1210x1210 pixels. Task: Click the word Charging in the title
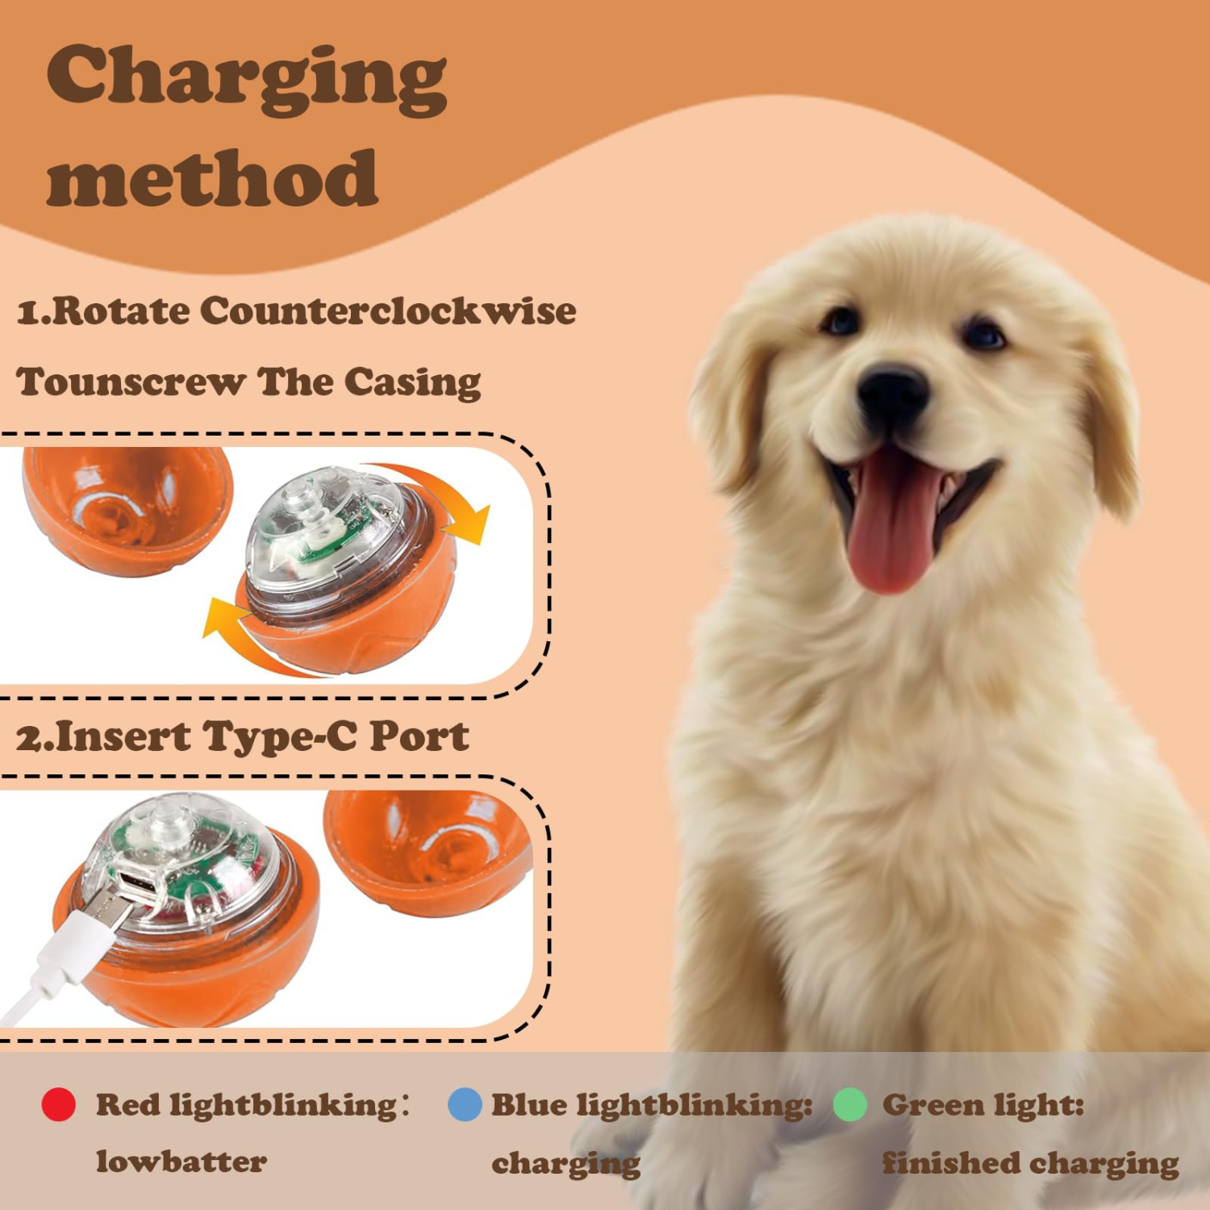coord(246,79)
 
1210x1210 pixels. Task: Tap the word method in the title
coord(212,179)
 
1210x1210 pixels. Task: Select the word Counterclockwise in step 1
coord(388,311)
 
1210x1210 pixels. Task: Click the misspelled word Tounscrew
coord(131,382)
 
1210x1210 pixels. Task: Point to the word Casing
coord(412,382)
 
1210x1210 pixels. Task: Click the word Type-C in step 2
coord(279,736)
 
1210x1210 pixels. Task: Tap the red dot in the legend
coord(59,1104)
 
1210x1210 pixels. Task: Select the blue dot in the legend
coord(465,1104)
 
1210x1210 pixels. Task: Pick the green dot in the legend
coord(849,1104)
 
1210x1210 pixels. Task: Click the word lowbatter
coord(181,1162)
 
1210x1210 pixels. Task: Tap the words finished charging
coord(1030,1163)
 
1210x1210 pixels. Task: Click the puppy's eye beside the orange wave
coord(984,333)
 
